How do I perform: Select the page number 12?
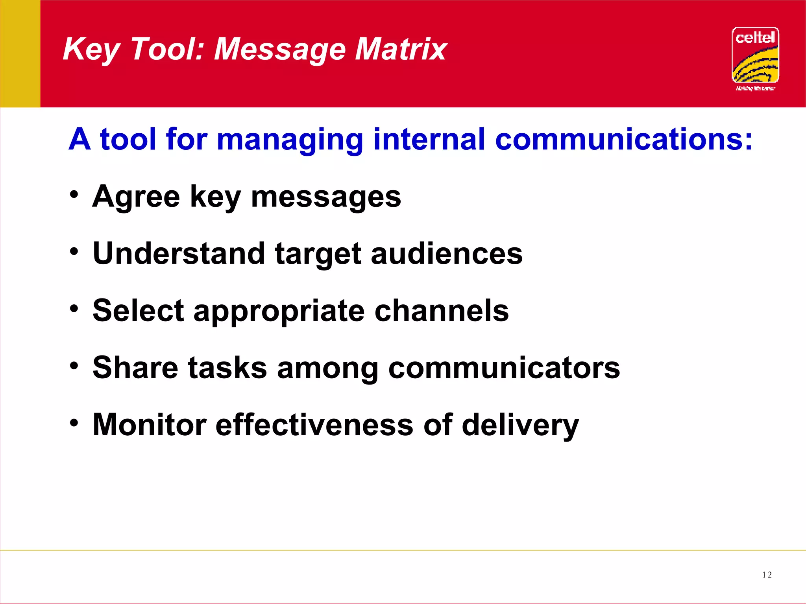767,575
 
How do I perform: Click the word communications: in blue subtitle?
623,139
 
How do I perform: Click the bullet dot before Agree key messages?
74,194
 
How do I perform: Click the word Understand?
179,254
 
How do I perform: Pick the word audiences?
447,254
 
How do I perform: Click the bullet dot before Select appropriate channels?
74,308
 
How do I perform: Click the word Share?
135,368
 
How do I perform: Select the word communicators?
504,368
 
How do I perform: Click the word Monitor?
150,425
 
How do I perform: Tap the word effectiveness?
314,425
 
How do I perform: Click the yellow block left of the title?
20,53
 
